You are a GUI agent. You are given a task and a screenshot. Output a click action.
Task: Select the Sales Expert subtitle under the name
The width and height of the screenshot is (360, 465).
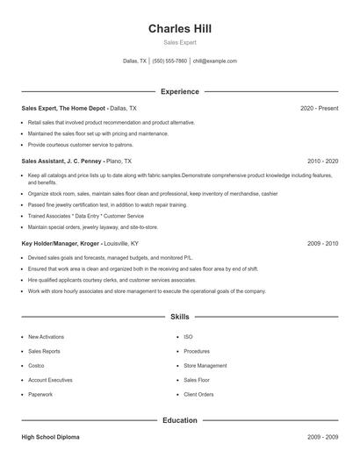click(x=179, y=42)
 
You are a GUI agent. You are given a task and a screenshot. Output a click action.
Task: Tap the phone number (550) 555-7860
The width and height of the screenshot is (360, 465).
click(x=169, y=61)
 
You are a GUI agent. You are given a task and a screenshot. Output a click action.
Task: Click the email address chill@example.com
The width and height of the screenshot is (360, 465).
click(x=215, y=61)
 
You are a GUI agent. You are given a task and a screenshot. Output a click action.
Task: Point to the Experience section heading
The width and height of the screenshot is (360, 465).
click(x=179, y=91)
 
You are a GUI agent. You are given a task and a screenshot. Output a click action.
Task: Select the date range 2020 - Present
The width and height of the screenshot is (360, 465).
click(x=319, y=108)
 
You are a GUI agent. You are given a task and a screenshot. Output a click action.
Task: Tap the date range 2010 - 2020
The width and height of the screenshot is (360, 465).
click(x=322, y=161)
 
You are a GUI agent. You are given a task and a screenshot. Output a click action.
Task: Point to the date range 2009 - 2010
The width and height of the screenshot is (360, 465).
click(x=322, y=242)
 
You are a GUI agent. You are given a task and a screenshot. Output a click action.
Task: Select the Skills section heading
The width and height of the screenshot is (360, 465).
click(x=179, y=316)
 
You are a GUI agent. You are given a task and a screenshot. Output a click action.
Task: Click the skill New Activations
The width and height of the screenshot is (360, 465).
click(x=46, y=336)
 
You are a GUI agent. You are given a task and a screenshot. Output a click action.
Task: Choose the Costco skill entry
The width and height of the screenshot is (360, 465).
click(x=37, y=365)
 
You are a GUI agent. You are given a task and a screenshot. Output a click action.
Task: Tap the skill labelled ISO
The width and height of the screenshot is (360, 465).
click(x=188, y=336)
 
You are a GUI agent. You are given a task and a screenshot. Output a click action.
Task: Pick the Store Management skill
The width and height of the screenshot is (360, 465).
click(x=205, y=365)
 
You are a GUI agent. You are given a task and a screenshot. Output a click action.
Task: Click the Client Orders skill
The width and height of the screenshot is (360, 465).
click(x=198, y=394)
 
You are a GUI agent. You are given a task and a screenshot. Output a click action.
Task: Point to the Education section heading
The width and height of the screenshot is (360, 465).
click(x=179, y=420)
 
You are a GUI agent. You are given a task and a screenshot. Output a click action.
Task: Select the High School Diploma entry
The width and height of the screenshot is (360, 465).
click(x=54, y=436)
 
